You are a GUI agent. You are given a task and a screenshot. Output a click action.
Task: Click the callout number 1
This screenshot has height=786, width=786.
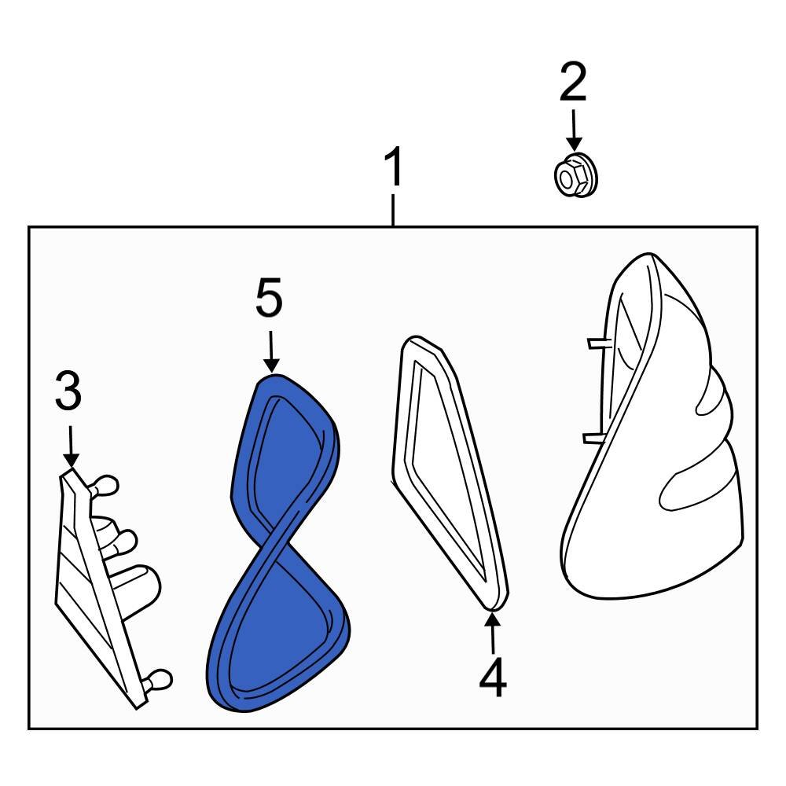[393, 169]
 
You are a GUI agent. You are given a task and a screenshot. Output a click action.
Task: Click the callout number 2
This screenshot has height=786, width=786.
[573, 83]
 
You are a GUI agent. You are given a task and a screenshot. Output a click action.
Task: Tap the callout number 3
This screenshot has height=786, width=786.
[68, 392]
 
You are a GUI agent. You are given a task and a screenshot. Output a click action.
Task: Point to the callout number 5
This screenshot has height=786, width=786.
[269, 301]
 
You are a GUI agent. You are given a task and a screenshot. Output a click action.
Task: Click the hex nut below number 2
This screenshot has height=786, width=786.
[573, 176]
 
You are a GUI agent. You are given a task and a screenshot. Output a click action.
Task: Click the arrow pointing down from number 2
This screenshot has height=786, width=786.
[573, 130]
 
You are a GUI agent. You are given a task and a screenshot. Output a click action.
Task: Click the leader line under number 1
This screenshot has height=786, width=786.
[393, 210]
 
